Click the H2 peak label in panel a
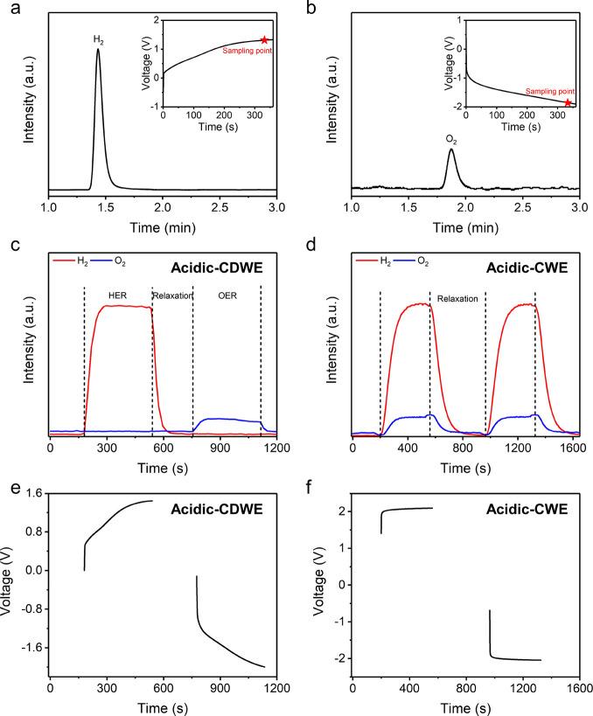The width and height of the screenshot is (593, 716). coord(98,38)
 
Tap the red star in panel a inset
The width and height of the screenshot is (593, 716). coord(264,40)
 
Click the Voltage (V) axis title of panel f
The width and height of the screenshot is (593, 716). coord(322,584)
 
